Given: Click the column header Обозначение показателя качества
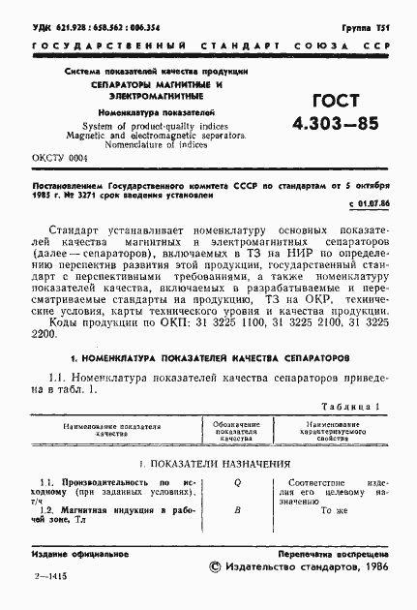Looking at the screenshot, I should point(237,431).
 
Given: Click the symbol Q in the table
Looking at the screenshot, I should point(237,481).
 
